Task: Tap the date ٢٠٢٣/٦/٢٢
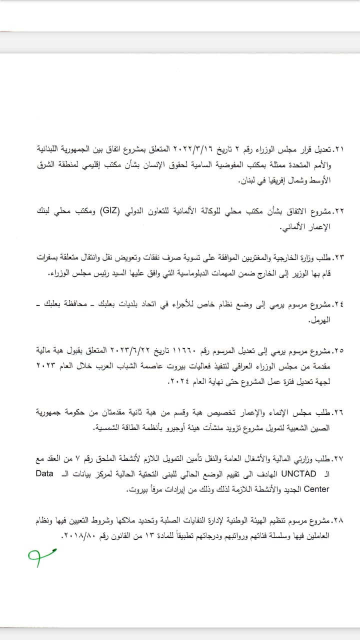coord(146,352)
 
